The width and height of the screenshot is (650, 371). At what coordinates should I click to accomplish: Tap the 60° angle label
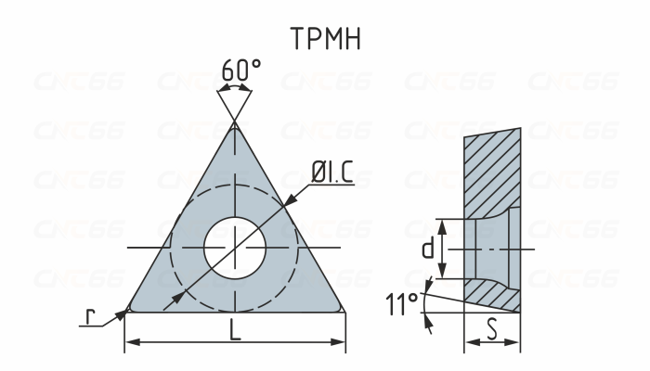pyautogui.click(x=241, y=70)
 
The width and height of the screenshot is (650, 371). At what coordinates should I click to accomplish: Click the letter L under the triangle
pyautogui.click(x=236, y=331)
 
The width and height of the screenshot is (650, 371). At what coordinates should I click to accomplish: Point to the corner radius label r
pyautogui.click(x=90, y=317)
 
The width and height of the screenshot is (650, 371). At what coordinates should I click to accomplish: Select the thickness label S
pyautogui.click(x=491, y=327)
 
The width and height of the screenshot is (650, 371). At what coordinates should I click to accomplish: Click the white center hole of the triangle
pyautogui.click(x=236, y=248)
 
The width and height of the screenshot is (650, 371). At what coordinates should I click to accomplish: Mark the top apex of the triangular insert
pyautogui.click(x=236, y=124)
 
